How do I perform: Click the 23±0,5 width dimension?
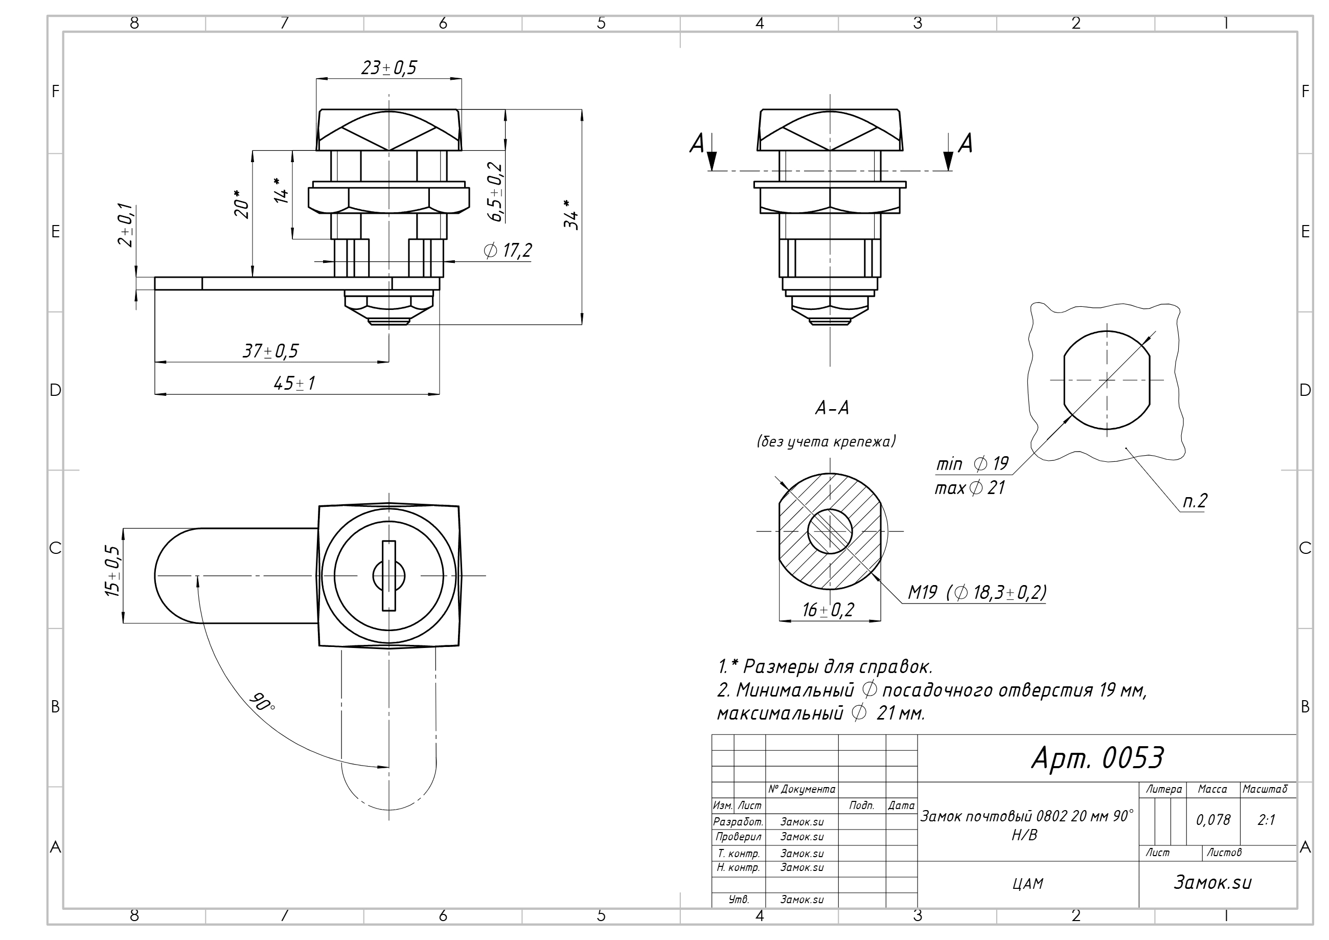389,68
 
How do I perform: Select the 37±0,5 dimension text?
270,351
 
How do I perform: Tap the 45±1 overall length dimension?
294,384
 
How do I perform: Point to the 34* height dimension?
571,214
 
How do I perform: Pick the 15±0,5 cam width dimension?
112,571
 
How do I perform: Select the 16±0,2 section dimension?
828,610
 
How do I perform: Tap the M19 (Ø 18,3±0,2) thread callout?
977,592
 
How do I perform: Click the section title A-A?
832,408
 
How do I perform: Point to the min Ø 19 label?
972,463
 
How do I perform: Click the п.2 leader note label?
1194,500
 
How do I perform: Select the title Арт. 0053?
1097,757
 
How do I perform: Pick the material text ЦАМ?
1028,884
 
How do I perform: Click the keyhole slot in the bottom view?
389,575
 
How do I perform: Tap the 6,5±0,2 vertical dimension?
496,192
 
